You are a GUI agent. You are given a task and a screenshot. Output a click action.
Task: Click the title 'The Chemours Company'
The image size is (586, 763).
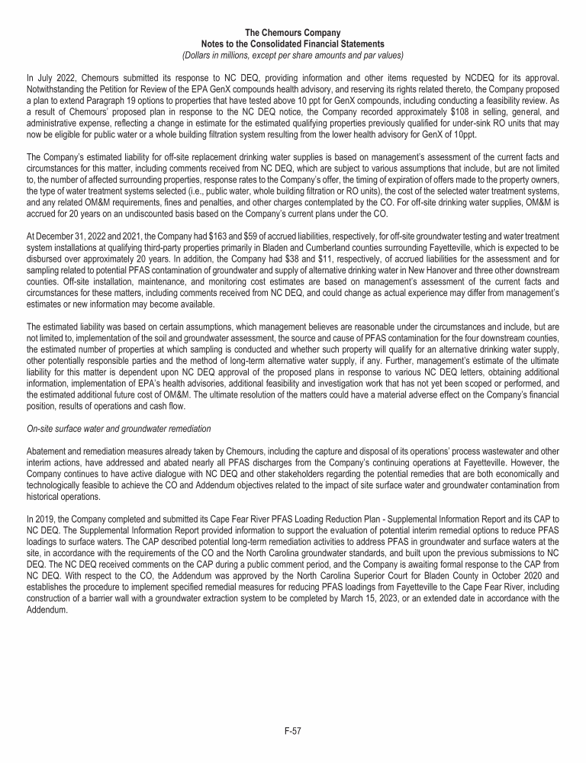coord(293,32)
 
